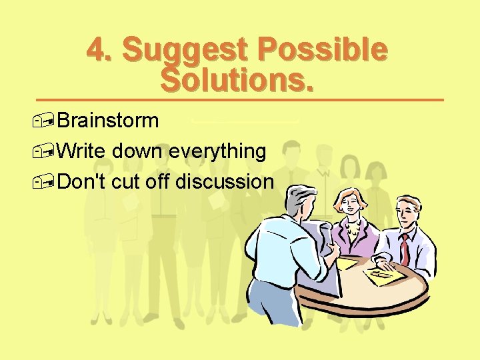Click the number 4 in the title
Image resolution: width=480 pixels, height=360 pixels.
(97, 51)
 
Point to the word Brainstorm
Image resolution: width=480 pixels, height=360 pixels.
(108, 121)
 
